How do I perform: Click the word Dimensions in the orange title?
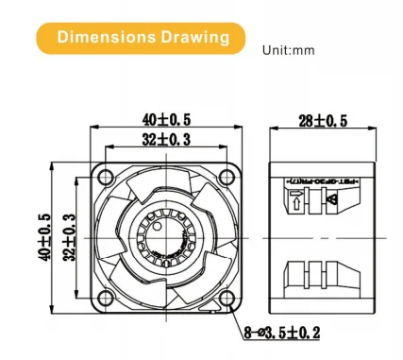click(101, 38)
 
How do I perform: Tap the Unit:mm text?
click(288, 49)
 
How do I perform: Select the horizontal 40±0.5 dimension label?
click(167, 119)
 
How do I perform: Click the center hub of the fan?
click(167, 236)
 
